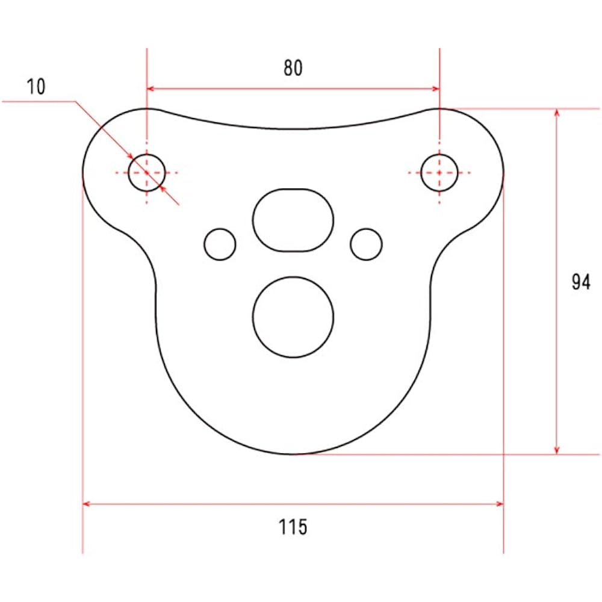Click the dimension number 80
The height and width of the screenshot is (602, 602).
tap(293, 67)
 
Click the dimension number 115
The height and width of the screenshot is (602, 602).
tap(293, 527)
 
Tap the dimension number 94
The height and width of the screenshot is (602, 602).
tap(581, 282)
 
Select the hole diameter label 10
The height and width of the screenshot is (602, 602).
tap(36, 86)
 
